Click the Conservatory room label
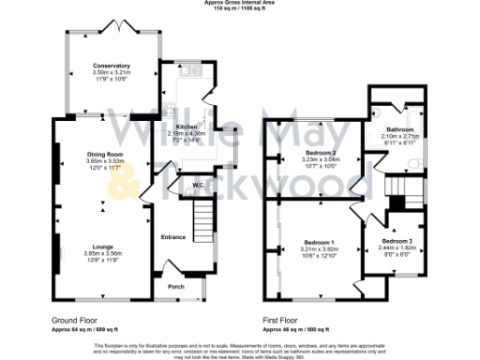(x=112, y=66)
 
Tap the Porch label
(x=175, y=286)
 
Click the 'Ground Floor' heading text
(x=73, y=321)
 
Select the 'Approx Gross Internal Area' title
(x=240, y=3)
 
